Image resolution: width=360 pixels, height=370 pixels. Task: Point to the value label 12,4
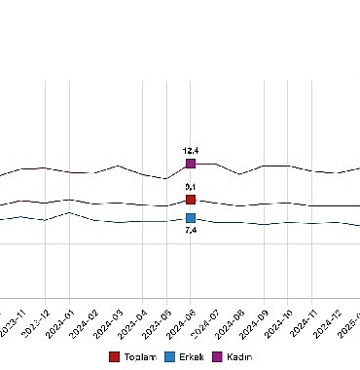pos(191,151)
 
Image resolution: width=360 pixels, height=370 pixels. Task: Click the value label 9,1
pos(191,186)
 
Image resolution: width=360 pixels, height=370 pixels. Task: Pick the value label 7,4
pos(191,231)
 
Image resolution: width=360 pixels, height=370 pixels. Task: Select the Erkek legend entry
pos(183,357)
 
